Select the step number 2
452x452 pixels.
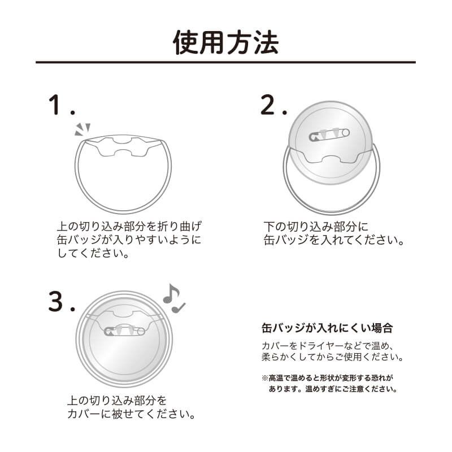pyautogui.click(x=270, y=106)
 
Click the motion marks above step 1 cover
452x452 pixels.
pyautogui.click(x=82, y=129)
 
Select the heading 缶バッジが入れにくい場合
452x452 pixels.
pyautogui.click(x=327, y=328)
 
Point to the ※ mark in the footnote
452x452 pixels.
pyautogui.click(x=264, y=377)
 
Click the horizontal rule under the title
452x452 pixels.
pyautogui.click(x=225, y=62)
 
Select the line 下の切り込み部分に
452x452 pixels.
pyautogui.click(x=316, y=227)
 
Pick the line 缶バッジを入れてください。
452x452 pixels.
pyautogui.click(x=334, y=240)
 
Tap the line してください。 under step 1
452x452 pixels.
pyautogui.click(x=93, y=254)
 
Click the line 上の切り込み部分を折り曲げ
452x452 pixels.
pyautogui.click(x=130, y=227)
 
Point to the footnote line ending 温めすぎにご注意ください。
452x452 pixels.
pyautogui.click(x=332, y=389)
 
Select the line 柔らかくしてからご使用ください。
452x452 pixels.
pyautogui.click(x=333, y=357)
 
